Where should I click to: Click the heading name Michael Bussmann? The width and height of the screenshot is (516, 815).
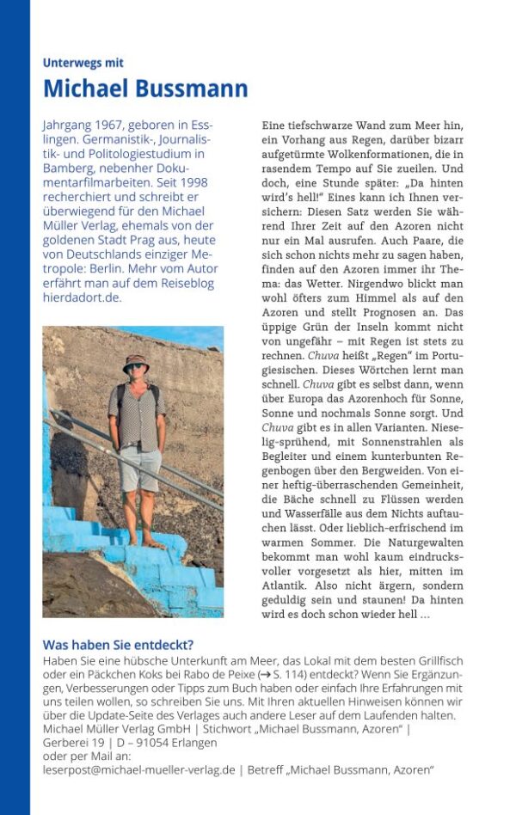(145, 89)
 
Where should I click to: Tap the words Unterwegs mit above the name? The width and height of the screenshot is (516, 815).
(83, 63)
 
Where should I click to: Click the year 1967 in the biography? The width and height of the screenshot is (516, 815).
(111, 125)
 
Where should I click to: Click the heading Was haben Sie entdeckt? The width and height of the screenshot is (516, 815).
(118, 646)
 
